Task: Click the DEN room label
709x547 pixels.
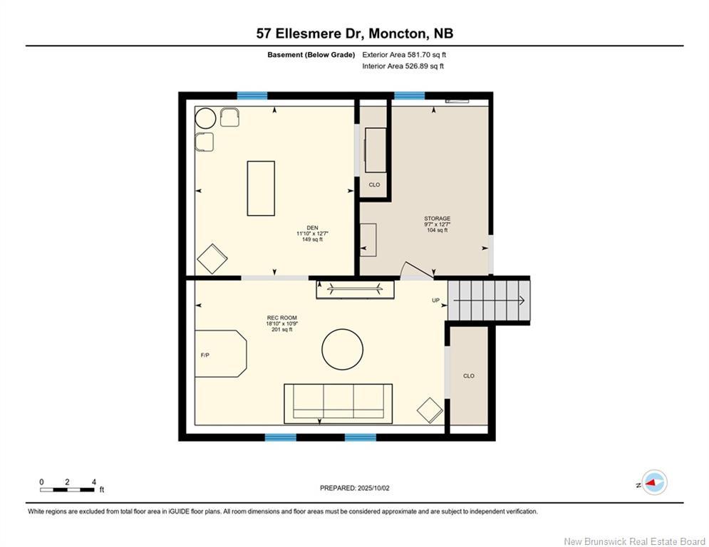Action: point(312,228)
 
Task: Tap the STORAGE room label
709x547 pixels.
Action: point(437,219)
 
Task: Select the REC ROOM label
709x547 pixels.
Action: point(281,318)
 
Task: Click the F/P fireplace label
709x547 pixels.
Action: point(205,355)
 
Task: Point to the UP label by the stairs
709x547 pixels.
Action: point(435,300)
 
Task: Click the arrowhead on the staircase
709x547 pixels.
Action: point(522,300)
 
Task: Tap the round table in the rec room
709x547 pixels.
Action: point(342,350)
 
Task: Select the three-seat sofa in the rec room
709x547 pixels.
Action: point(338,404)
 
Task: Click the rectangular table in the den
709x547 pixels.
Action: point(261,188)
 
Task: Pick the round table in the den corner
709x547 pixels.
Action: point(205,118)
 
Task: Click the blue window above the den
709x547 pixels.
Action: point(252,95)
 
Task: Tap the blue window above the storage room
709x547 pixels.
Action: point(409,95)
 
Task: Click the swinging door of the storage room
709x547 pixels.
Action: point(417,269)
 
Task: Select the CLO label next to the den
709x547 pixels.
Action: point(374,185)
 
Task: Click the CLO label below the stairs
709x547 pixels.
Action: point(468,376)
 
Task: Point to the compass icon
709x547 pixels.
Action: point(654,482)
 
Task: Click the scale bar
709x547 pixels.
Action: point(67,489)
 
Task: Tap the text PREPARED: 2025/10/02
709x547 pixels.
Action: point(355,488)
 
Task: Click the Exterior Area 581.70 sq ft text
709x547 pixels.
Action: point(404,55)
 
